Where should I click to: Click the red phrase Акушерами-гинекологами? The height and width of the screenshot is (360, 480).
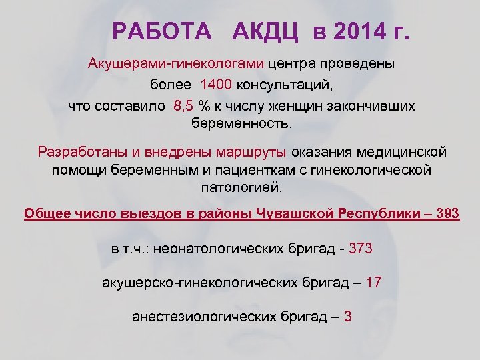176,65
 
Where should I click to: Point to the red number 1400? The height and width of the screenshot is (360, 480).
216,85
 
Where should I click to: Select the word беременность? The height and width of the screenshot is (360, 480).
242,124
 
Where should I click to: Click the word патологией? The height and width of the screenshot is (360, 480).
242,188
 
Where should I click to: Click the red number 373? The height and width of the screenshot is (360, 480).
359,249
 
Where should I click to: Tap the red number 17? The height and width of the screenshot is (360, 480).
374,283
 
